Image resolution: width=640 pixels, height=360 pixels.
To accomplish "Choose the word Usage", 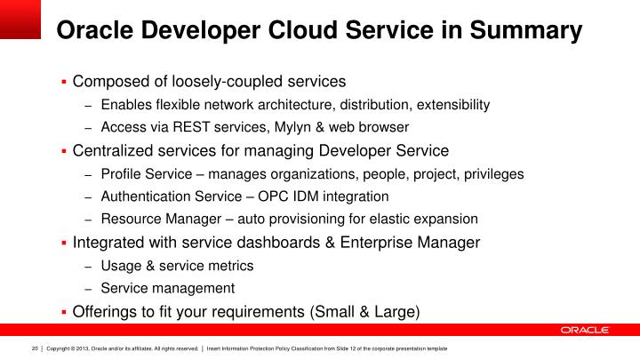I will point(120,265).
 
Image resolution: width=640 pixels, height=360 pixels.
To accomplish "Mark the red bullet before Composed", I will point(64,82).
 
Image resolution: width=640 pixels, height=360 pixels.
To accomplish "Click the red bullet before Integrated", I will point(64,242).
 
